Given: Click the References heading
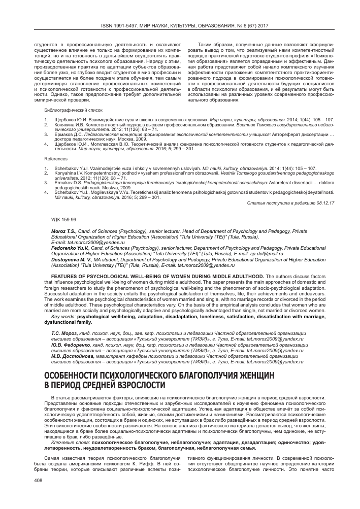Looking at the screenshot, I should click(55, 159).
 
